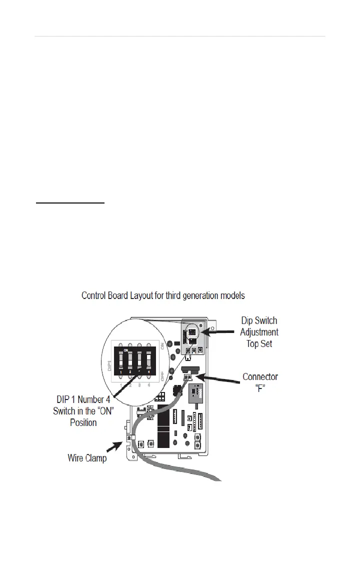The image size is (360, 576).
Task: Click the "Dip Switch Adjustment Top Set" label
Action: tap(259, 331)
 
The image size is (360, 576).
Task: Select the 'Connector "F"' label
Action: tap(260, 382)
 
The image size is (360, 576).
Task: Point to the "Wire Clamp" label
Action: tap(87, 457)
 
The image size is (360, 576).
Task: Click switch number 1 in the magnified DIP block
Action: tap(121, 358)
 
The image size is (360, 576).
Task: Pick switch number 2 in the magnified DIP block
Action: tap(130, 358)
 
